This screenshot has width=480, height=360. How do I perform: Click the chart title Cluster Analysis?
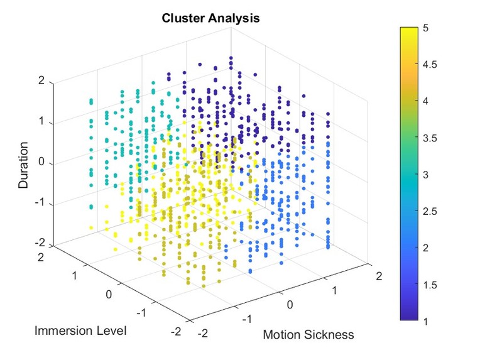click(210, 18)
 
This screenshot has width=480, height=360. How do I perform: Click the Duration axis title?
click(24, 165)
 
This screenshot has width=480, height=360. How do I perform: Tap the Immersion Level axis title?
click(80, 330)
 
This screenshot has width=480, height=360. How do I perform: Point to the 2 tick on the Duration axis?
click(42, 82)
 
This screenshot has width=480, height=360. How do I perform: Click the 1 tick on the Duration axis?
click(42, 123)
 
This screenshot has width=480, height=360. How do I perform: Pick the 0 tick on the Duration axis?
click(42, 163)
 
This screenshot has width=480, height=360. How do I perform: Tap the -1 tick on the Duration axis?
click(40, 204)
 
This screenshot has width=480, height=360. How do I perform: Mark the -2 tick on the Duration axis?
click(40, 244)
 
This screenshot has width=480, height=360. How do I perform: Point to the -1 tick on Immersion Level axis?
click(142, 312)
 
